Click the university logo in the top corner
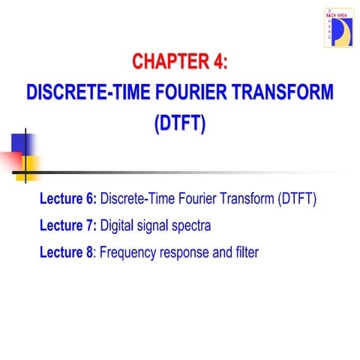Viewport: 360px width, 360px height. [x=338, y=28]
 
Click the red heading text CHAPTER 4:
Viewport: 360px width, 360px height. [x=179, y=61]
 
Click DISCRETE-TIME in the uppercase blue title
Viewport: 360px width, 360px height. [x=82, y=92]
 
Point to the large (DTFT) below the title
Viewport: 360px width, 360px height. [x=179, y=123]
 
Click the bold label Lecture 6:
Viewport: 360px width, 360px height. [x=67, y=199]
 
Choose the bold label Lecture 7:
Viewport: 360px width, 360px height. [x=67, y=225]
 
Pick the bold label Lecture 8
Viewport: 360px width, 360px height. [x=66, y=252]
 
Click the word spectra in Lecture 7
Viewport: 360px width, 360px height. [x=190, y=225]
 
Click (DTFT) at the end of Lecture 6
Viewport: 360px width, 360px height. [x=297, y=199]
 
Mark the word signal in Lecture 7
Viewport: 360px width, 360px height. [x=155, y=225]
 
